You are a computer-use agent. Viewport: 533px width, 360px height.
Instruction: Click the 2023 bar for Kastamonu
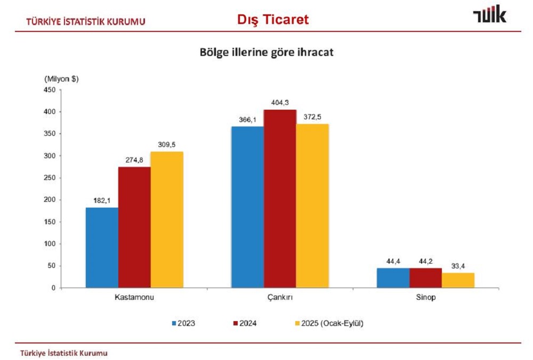pyautogui.click(x=102, y=248)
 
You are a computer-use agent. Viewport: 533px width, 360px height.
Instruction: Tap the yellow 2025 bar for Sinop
pyautogui.click(x=458, y=280)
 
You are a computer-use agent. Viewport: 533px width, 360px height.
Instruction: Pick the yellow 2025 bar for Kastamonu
pyautogui.click(x=166, y=219)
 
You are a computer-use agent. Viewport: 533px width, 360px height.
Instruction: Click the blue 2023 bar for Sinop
pyautogui.click(x=393, y=278)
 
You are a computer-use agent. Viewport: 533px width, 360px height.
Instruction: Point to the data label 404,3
pyautogui.click(x=280, y=103)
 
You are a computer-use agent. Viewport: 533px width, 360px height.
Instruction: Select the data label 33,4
pyautogui.click(x=458, y=265)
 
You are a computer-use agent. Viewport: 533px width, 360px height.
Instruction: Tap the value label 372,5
pyautogui.click(x=312, y=117)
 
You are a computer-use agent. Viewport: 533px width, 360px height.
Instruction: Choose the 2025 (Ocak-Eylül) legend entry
pyautogui.click(x=328, y=323)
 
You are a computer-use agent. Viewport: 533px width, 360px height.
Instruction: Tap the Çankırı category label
pyautogui.click(x=280, y=298)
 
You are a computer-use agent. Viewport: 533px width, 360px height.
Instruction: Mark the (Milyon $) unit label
pyautogui.click(x=61, y=79)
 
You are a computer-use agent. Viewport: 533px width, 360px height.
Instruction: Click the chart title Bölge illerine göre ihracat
pyautogui.click(x=266, y=52)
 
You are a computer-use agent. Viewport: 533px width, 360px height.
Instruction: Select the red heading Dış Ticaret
pyautogui.click(x=273, y=20)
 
